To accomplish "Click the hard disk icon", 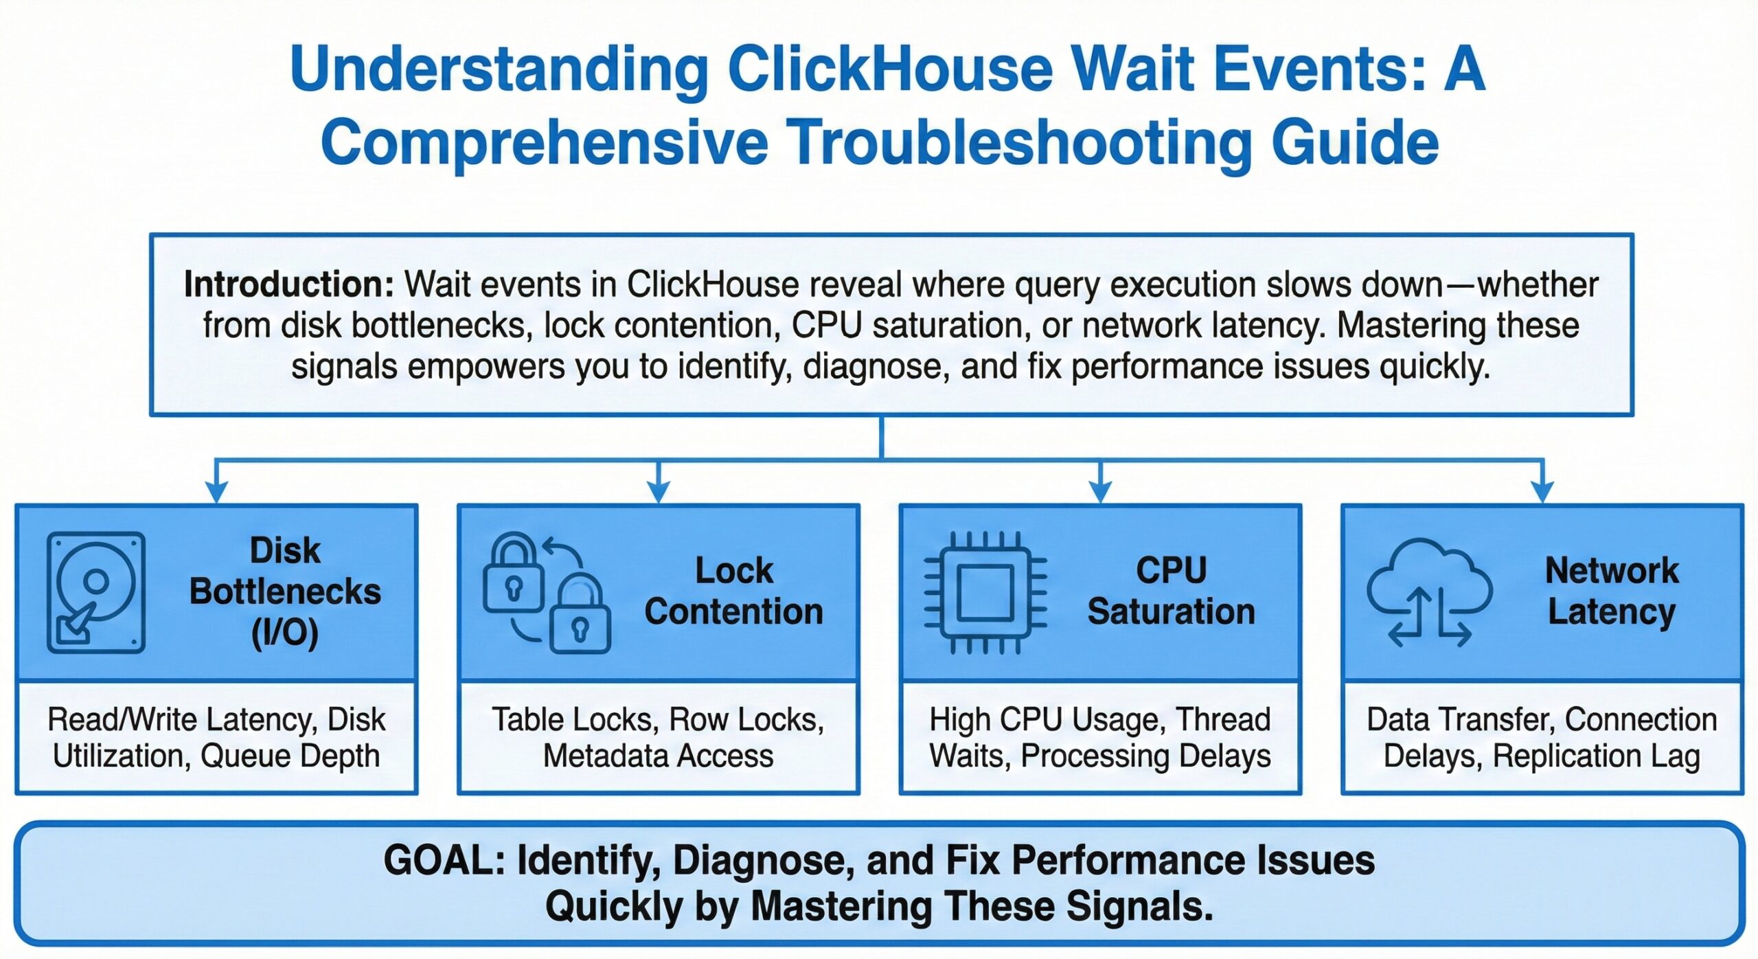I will click(x=96, y=592).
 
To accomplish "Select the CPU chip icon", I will click(x=985, y=592).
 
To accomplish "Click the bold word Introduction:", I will click(x=288, y=284).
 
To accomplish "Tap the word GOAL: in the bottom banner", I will click(x=444, y=860).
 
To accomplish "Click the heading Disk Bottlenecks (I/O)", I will click(x=285, y=591).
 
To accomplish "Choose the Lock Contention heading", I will click(x=733, y=591).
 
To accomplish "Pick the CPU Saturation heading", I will click(x=1172, y=591).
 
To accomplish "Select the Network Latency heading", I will click(x=1612, y=591).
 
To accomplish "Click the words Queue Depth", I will click(x=290, y=756).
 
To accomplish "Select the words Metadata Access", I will click(x=658, y=756).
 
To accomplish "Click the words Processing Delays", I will click(x=1145, y=756).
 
